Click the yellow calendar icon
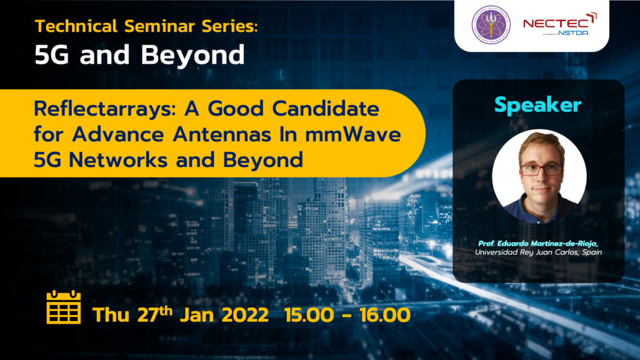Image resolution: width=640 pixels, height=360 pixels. coord(64,307)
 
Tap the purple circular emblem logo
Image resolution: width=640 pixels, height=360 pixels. coord(491,25)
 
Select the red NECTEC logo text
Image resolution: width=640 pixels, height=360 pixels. coord(557,23)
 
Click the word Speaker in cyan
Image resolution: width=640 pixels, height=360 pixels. coord(538,105)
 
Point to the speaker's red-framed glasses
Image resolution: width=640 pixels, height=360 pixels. coord(541,169)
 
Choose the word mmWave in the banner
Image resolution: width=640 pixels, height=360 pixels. coord(353,134)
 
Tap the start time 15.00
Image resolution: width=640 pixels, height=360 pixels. coord(309,315)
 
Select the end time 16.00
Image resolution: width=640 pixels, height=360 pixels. coord(385,315)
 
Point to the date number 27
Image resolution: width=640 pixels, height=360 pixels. coord(147,315)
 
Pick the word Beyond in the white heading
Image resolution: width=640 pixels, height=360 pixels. coord(192,55)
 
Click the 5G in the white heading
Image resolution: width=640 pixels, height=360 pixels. coord(52,55)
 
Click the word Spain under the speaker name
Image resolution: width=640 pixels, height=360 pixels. coord(592,252)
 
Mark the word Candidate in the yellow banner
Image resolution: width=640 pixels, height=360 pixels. coord(326,109)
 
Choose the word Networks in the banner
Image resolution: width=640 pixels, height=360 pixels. coord(118,159)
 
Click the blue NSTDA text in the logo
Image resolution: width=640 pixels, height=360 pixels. coord(573,32)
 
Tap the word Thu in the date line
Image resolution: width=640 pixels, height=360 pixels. coord(111,315)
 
